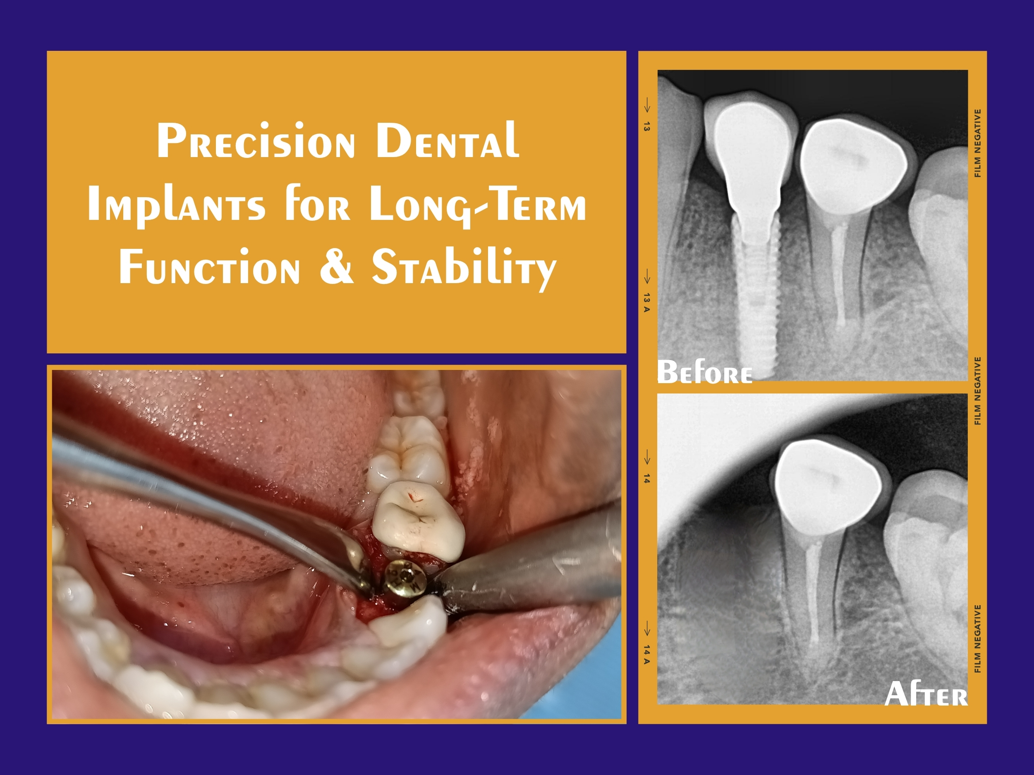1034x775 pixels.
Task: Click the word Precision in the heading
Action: [256, 141]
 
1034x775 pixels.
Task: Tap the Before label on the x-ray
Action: [705, 372]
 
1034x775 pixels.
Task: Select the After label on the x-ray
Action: [926, 694]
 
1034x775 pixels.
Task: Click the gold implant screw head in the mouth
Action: [405, 578]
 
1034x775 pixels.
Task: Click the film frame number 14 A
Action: [646, 654]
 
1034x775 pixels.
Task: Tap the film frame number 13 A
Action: [646, 303]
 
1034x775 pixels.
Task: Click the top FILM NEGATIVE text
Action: [977, 143]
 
